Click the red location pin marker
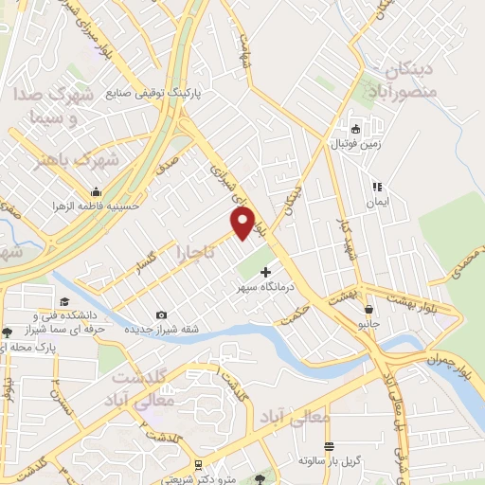coord(243,224)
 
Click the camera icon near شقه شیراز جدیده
coord(161,314)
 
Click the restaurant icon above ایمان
coord(377,187)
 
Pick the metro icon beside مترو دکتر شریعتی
coord(197,465)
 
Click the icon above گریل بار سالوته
coord(329,446)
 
